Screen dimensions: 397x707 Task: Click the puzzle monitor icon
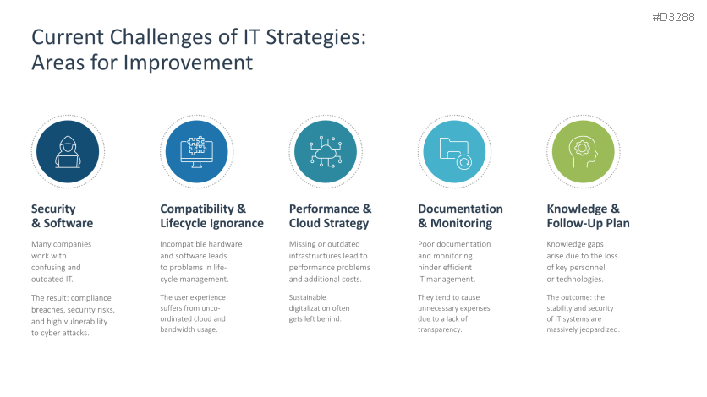pyautogui.click(x=196, y=150)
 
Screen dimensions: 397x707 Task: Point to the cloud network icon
pyautogui.click(x=326, y=150)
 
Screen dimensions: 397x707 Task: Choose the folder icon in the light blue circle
pyautogui.click(x=455, y=150)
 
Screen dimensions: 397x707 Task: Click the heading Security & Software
pyautogui.click(x=62, y=216)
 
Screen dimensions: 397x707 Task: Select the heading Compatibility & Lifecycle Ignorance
pyautogui.click(x=211, y=216)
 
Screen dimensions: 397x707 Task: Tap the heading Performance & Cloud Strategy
pyautogui.click(x=330, y=216)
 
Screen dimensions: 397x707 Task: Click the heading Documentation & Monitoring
pyautogui.click(x=460, y=216)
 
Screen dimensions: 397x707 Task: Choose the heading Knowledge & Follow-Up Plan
pyautogui.click(x=588, y=216)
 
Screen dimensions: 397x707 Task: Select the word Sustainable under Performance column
pyautogui.click(x=308, y=297)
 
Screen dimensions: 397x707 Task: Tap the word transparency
pyautogui.click(x=440, y=330)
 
